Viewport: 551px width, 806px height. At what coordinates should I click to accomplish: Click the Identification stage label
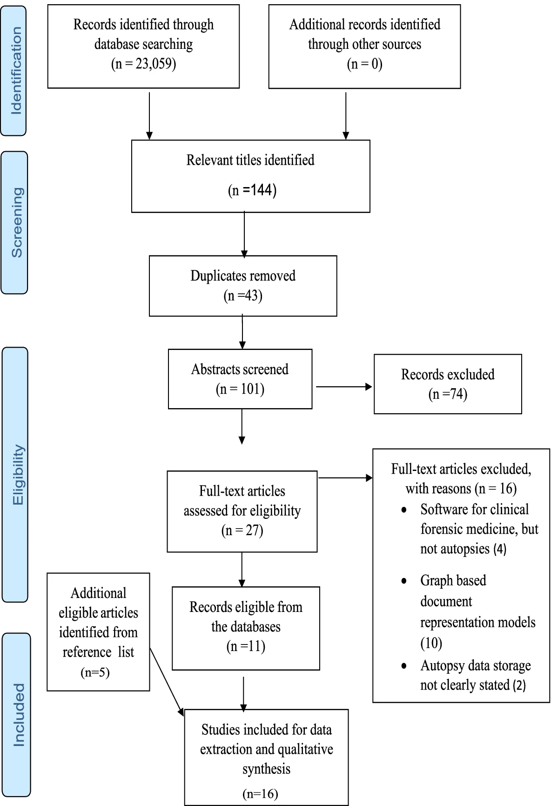click(16, 70)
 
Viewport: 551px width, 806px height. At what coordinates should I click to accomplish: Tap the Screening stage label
click(17, 222)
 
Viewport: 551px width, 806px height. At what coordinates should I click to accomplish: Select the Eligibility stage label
click(18, 475)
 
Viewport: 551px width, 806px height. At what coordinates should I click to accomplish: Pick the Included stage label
click(19, 715)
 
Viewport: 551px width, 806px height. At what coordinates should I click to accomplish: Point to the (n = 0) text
click(364, 64)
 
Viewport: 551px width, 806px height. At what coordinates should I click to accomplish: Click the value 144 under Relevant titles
click(261, 190)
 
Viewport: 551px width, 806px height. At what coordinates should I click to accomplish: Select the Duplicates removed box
click(243, 286)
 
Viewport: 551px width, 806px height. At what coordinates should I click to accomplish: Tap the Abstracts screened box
click(240, 379)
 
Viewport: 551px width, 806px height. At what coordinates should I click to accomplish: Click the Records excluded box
click(448, 384)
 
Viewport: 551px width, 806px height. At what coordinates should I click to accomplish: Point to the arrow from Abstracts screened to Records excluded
click(344, 386)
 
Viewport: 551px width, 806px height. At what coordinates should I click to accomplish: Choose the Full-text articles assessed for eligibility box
click(242, 511)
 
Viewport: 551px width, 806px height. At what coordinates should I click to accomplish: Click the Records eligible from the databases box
click(246, 628)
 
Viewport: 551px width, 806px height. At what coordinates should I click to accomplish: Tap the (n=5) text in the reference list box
click(95, 672)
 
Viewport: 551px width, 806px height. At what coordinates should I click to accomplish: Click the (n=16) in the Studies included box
click(260, 794)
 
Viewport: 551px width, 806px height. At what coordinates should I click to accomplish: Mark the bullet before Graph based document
click(404, 581)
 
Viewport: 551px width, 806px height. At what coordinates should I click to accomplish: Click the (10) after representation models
click(431, 643)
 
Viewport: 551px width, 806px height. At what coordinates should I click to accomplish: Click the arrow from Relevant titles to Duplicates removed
click(244, 234)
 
